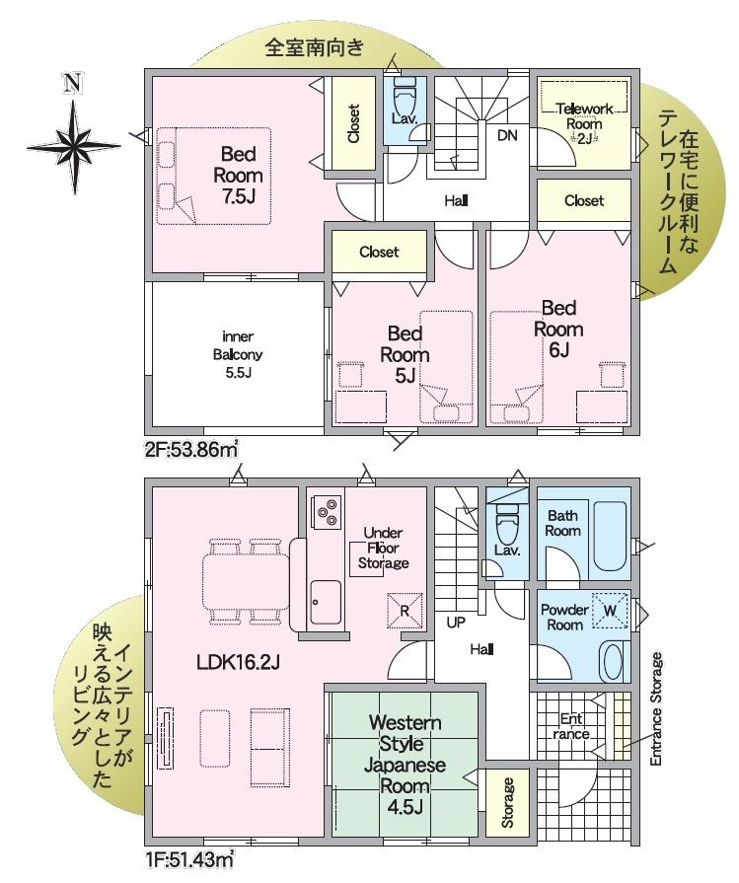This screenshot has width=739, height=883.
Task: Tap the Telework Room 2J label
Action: pyautogui.click(x=584, y=123)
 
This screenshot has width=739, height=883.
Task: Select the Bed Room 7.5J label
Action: pyautogui.click(x=238, y=175)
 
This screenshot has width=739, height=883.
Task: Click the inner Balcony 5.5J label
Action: pyautogui.click(x=238, y=355)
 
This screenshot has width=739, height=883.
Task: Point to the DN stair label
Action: pyautogui.click(x=507, y=135)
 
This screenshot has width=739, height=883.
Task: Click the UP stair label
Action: pyautogui.click(x=456, y=623)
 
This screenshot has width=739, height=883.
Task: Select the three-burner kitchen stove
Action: pyautogui.click(x=327, y=511)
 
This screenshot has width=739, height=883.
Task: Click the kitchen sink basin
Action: pyautogui.click(x=326, y=602)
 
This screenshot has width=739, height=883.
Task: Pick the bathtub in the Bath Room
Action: pyautogui.click(x=610, y=536)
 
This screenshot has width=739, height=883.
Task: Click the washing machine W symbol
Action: pyautogui.click(x=610, y=611)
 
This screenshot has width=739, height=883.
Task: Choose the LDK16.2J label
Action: pyautogui.click(x=238, y=663)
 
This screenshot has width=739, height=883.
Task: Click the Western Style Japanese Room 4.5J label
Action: pyautogui.click(x=405, y=765)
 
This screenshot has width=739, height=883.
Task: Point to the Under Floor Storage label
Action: pyautogui.click(x=383, y=548)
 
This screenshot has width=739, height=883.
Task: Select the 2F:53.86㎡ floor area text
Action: pyautogui.click(x=191, y=450)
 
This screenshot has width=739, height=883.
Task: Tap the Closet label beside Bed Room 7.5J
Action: pyautogui.click(x=354, y=123)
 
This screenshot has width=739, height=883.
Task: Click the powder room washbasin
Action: pyautogui.click(x=613, y=661)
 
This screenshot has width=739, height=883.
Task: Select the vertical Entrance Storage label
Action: pyautogui.click(x=656, y=708)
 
